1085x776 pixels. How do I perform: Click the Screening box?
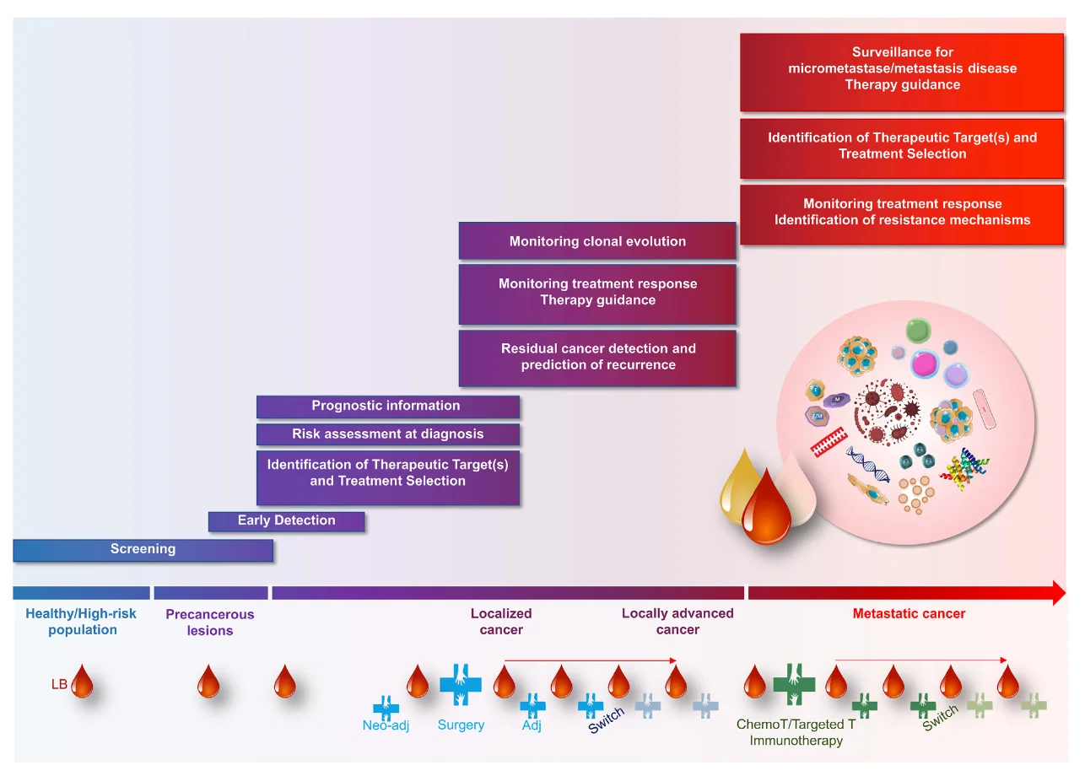(143, 549)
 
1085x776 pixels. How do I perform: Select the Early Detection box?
(286, 521)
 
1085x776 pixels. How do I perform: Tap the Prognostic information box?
(387, 407)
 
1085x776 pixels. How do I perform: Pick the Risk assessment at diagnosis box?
(387, 434)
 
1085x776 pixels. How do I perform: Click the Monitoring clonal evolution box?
(597, 241)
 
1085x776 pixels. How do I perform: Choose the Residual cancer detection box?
(597, 358)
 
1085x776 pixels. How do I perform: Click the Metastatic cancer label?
(909, 614)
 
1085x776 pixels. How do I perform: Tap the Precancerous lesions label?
(209, 622)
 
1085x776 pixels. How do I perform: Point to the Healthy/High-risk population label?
(82, 622)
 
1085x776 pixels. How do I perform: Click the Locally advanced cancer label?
(677, 622)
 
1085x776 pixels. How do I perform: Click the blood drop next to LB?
(82, 682)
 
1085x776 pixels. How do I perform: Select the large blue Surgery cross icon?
(460, 682)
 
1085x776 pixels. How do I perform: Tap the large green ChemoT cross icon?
(794, 682)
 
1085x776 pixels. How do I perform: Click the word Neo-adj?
(386, 726)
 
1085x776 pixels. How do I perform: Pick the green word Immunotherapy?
(796, 741)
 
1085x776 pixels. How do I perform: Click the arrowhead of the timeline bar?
(1060, 593)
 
